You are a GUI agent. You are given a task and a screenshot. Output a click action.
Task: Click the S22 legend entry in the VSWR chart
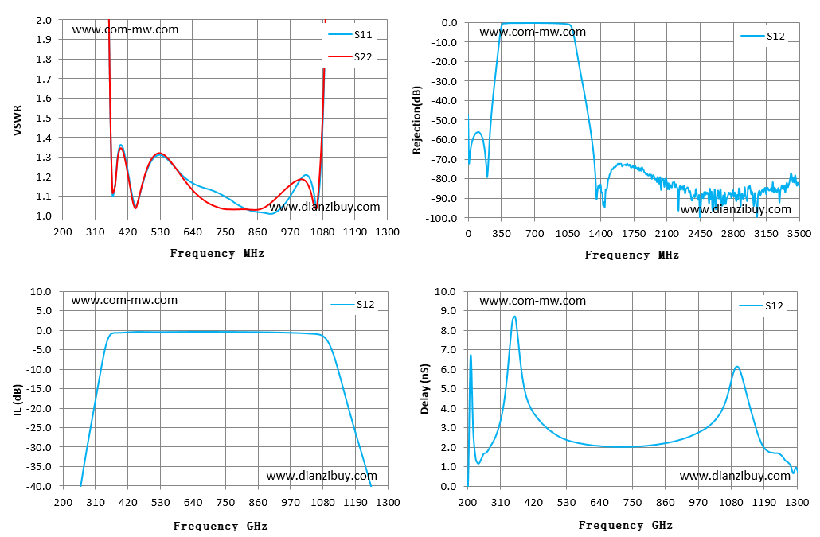click(x=349, y=57)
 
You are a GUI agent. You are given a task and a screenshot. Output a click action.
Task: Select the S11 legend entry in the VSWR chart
click(x=349, y=34)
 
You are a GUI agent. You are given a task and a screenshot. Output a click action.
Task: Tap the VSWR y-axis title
click(x=18, y=120)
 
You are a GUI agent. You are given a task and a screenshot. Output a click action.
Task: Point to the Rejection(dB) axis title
click(x=417, y=119)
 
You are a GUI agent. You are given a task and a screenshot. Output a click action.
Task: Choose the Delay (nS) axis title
click(x=424, y=389)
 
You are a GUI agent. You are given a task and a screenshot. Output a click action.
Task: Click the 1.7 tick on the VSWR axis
click(x=44, y=79)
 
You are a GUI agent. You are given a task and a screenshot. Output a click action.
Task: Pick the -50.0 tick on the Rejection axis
click(x=445, y=121)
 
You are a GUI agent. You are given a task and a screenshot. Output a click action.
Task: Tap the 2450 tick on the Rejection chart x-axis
click(x=700, y=234)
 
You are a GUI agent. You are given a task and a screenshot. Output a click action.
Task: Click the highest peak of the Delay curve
click(x=514, y=316)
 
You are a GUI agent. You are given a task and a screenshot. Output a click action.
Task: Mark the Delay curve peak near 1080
click(x=737, y=367)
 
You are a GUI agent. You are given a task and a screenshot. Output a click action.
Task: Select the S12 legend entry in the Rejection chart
click(x=763, y=36)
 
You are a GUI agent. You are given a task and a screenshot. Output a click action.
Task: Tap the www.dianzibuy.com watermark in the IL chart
click(x=322, y=476)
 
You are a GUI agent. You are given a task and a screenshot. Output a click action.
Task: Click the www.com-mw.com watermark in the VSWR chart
click(x=126, y=29)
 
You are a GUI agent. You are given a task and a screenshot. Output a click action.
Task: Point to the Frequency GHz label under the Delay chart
click(x=626, y=526)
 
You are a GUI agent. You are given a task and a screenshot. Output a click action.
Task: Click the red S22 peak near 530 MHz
click(x=159, y=153)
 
